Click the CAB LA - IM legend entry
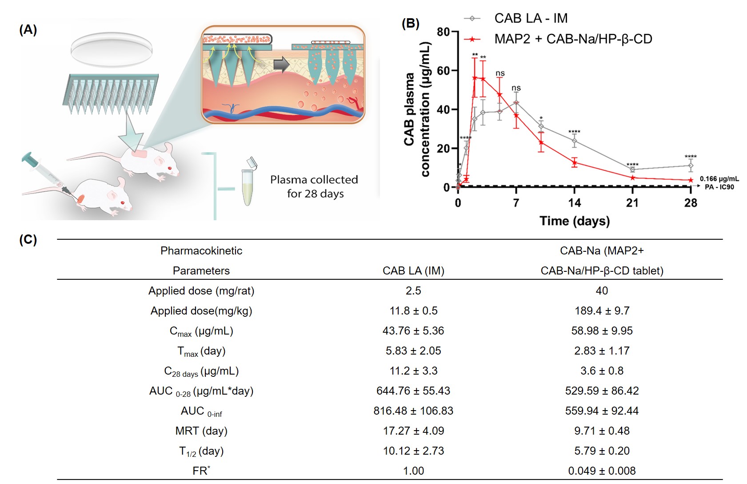(x=531, y=18)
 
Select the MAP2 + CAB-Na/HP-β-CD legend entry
(x=573, y=39)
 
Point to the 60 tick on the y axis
(x=443, y=71)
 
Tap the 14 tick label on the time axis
(x=574, y=203)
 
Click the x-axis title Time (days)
(x=574, y=221)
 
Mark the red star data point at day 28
(x=691, y=180)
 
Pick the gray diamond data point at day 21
(x=632, y=169)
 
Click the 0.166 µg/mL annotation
(x=719, y=179)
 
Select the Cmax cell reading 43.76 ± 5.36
(x=413, y=331)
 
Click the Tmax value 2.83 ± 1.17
(x=602, y=351)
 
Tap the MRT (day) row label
(x=201, y=431)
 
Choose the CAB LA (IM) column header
(x=413, y=270)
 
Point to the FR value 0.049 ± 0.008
(x=602, y=471)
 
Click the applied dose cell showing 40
(x=602, y=290)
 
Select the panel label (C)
(x=28, y=240)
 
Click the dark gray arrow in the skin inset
(x=281, y=65)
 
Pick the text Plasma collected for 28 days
(x=314, y=186)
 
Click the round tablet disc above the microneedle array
(x=112, y=48)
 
